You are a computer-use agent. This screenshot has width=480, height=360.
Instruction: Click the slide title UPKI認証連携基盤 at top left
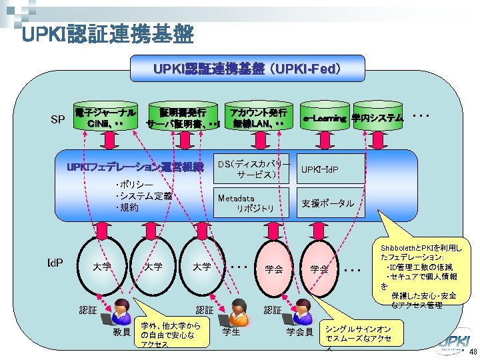click(107, 33)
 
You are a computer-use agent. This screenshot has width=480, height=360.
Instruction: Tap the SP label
click(59, 119)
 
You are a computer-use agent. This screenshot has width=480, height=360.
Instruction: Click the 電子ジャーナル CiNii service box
click(107, 117)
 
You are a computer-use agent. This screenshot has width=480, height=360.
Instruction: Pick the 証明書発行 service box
click(184, 118)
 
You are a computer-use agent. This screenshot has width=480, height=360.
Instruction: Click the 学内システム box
click(378, 118)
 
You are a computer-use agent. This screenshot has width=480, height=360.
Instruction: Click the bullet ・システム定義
click(143, 196)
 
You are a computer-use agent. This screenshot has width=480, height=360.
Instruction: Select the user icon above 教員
click(121, 309)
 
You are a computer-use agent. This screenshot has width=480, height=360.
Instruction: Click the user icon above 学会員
click(301, 309)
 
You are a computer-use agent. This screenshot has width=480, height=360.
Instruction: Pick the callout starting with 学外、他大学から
click(171, 333)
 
